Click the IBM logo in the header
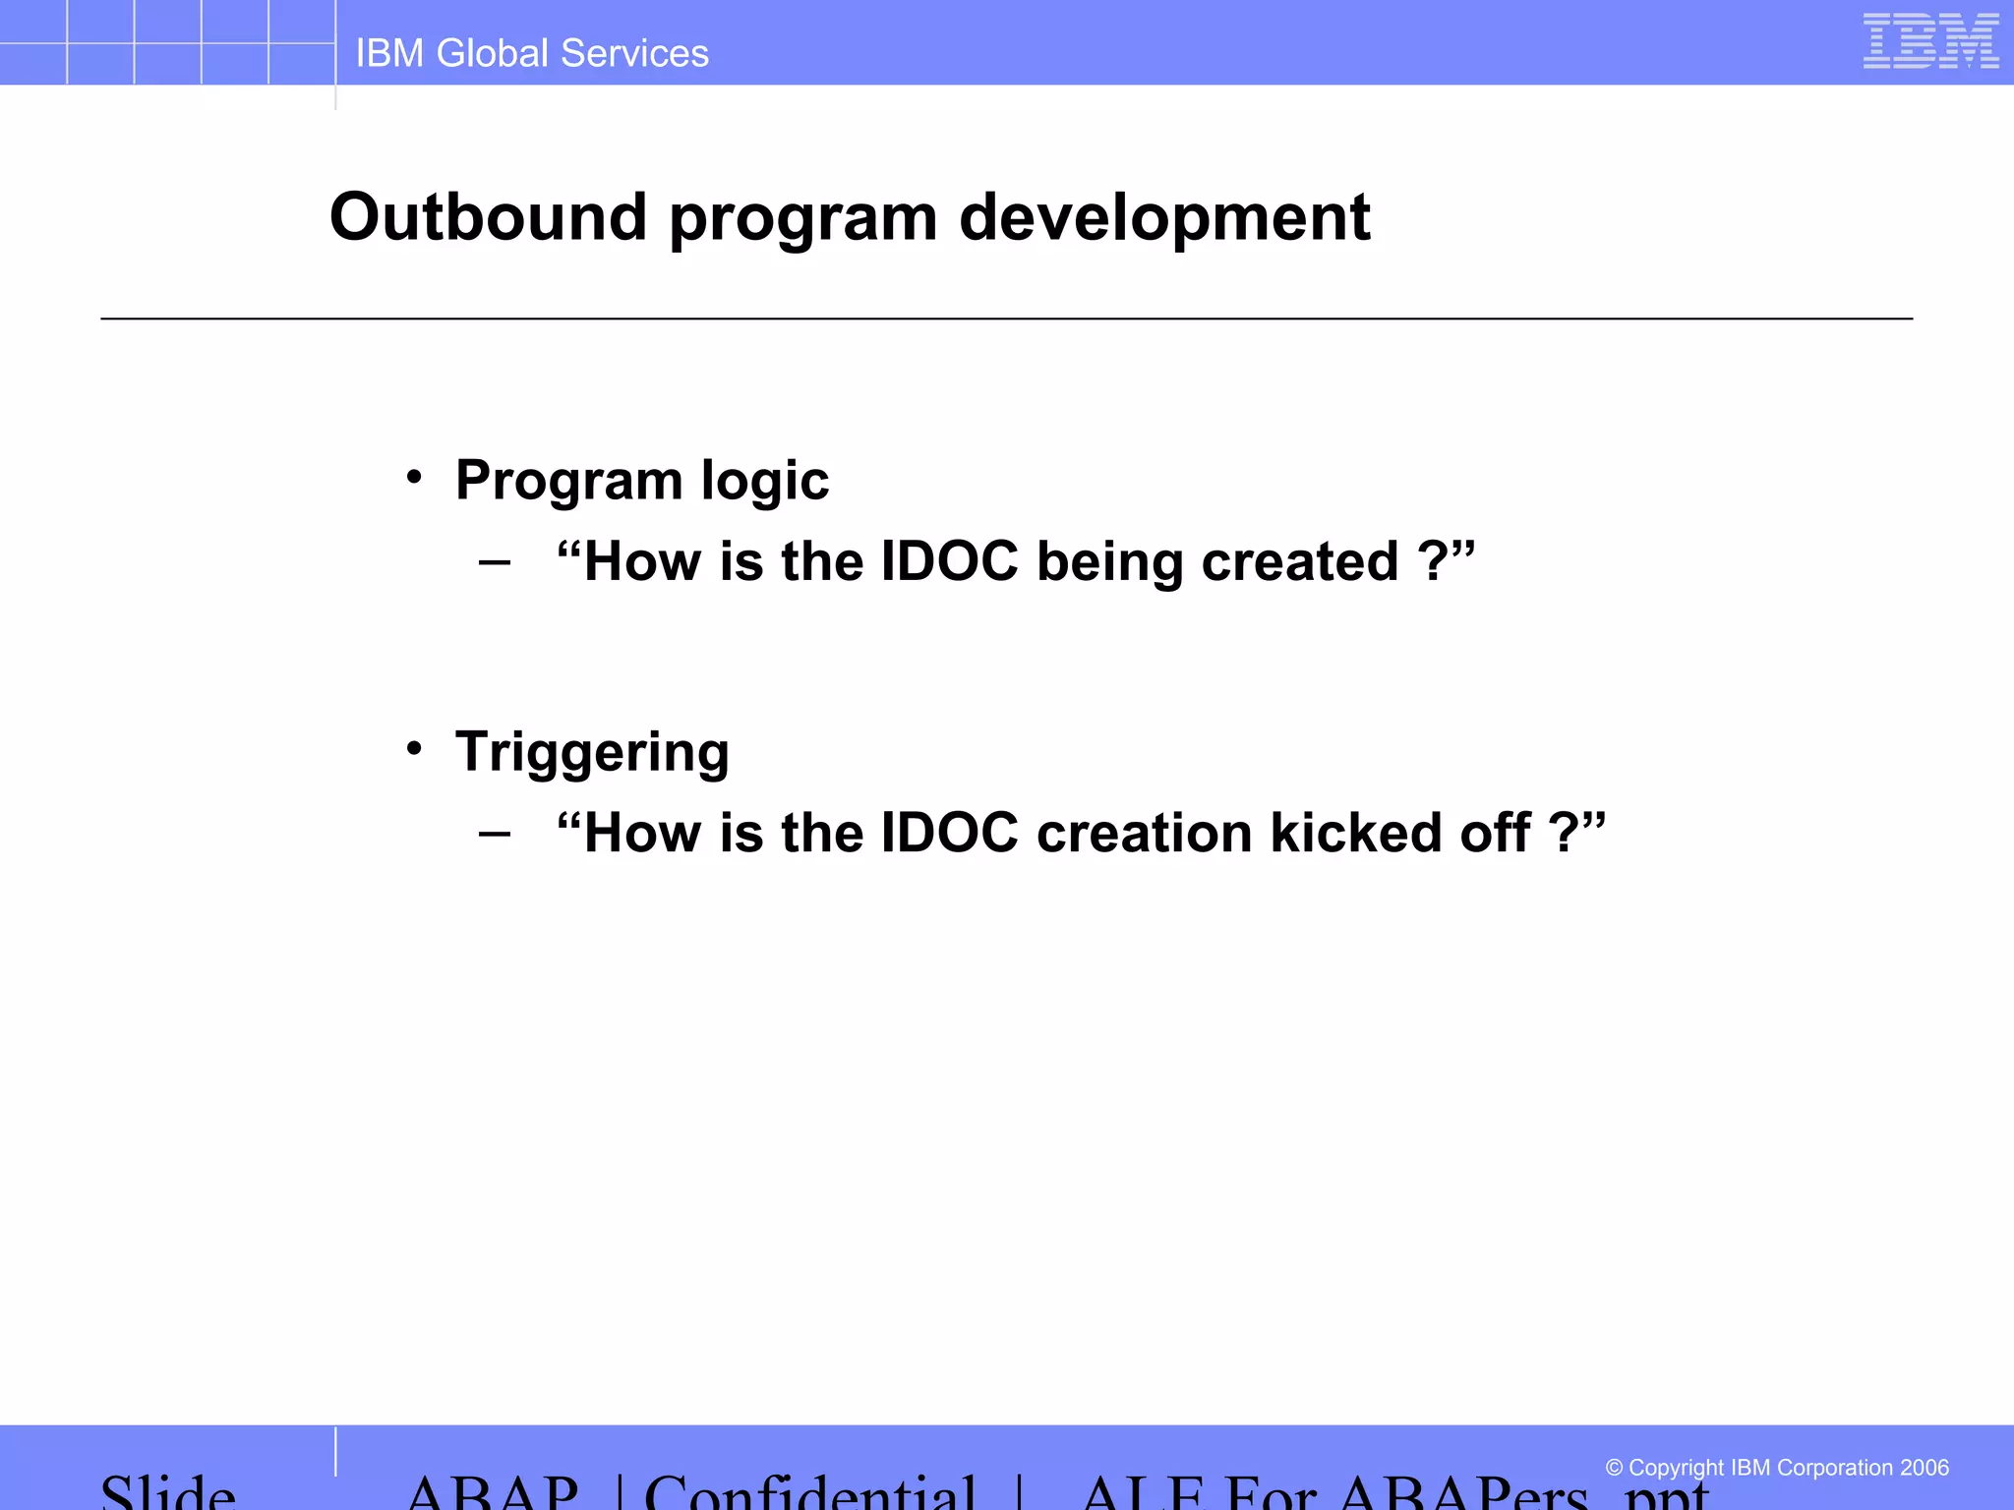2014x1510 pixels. tap(1930, 41)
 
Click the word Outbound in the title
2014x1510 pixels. tap(488, 217)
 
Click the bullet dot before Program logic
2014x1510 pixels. tap(414, 478)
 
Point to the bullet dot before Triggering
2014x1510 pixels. tap(414, 749)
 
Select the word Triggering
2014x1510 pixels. tap(592, 753)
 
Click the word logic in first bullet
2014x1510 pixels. tap(764, 482)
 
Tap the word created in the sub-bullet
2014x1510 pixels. tap(1299, 561)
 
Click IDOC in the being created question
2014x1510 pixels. tap(949, 561)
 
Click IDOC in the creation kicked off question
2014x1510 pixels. tap(949, 833)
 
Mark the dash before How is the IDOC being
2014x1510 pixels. tap(495, 563)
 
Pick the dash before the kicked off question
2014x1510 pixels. tap(495, 835)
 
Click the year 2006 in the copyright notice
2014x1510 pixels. tap(1924, 1468)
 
